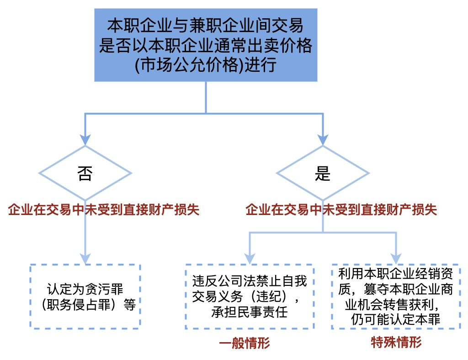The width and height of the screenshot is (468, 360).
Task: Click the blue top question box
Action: coord(206,45)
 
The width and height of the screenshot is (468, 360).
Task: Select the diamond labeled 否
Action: coord(85,173)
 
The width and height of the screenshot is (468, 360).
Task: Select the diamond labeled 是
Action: coord(323,173)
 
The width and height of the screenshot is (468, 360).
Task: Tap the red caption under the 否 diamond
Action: coord(104,210)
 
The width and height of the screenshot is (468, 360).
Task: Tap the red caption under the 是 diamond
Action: coord(341,210)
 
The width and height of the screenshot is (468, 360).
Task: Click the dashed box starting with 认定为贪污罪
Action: coord(85,296)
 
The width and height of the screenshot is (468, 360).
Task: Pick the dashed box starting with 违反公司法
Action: coord(250,296)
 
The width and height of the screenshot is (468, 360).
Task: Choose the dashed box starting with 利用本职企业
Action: coord(396,296)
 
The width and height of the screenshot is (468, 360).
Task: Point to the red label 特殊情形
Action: coord(396,342)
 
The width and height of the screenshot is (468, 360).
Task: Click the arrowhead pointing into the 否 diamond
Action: coord(85,140)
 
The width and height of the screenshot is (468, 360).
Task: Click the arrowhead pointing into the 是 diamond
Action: coord(323,140)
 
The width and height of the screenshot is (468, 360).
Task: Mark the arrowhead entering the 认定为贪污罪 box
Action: coord(85,258)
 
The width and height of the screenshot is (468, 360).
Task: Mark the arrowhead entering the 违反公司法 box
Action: coord(250,258)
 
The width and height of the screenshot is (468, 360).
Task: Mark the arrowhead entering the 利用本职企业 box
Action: coord(396,258)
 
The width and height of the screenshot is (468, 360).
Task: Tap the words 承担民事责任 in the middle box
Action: coord(250,313)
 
